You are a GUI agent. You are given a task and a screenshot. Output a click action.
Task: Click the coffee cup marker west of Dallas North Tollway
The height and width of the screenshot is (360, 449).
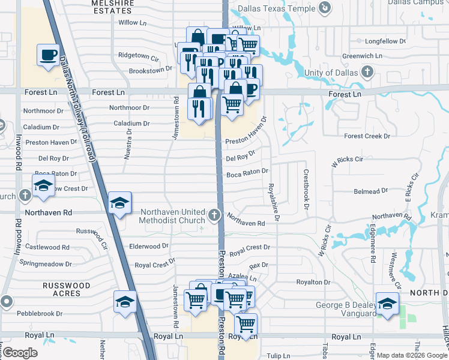[48, 55]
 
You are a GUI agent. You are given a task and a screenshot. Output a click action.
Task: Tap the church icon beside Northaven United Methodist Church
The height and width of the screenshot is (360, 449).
[214, 214]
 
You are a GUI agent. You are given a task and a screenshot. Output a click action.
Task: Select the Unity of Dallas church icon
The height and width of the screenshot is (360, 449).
[367, 73]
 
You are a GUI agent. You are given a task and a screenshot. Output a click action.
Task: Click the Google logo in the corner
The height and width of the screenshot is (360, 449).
[20, 353]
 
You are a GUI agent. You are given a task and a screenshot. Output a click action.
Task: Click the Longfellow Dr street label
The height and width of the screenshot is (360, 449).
[385, 41]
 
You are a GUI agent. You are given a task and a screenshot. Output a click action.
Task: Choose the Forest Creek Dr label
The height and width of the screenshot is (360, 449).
[367, 136]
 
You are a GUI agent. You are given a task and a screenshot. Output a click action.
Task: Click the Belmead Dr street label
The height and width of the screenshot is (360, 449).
[371, 191]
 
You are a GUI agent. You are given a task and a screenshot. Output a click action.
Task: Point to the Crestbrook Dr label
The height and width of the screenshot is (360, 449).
[306, 189]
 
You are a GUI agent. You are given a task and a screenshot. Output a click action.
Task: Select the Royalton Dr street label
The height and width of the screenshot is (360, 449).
[313, 282]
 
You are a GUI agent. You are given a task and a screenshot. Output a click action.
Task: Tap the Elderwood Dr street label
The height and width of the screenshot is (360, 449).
[149, 246]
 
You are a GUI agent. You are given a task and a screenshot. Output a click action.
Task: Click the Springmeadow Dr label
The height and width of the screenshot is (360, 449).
[46, 263]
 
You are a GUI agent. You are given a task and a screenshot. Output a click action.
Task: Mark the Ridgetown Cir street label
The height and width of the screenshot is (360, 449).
[138, 55]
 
